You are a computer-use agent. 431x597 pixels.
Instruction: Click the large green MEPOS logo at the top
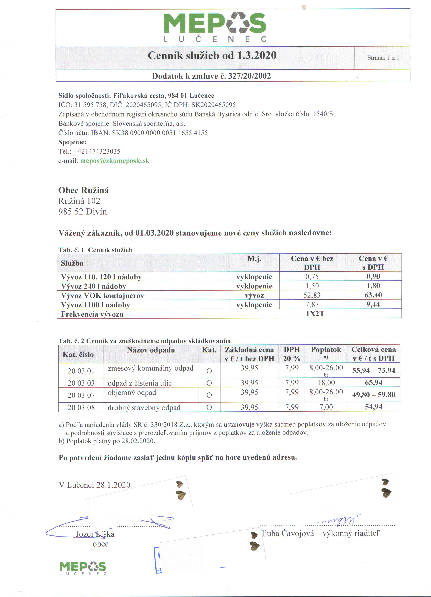215,26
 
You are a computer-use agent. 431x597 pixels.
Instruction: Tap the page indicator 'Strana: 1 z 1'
383,58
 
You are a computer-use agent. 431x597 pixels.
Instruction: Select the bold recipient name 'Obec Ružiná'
84,190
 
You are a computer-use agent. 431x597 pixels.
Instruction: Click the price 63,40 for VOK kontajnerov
373,295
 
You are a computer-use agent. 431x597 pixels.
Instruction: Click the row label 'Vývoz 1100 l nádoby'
95,305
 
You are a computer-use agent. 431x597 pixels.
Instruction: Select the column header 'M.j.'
254,259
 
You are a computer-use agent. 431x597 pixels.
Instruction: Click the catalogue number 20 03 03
81,383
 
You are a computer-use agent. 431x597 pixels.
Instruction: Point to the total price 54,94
374,407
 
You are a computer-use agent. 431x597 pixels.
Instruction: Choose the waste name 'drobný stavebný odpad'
144,408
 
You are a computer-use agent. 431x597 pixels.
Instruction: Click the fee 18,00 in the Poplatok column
326,383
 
